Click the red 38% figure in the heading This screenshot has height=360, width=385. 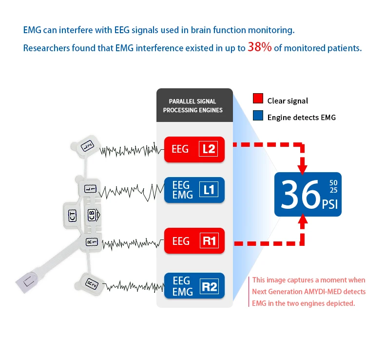[259, 48]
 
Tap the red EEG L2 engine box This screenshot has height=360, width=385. [194, 149]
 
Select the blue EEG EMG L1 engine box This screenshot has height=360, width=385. [194, 190]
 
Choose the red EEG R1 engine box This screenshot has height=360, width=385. [194, 241]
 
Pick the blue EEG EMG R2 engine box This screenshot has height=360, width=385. [194, 286]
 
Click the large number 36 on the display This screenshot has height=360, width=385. [299, 195]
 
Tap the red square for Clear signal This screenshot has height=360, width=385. [258, 100]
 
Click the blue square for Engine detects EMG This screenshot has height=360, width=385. [258, 117]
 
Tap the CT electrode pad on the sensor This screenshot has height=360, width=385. [73, 215]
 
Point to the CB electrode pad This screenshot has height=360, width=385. [92, 215]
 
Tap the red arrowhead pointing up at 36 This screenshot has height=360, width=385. [303, 221]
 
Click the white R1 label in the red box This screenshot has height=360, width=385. [209, 241]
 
